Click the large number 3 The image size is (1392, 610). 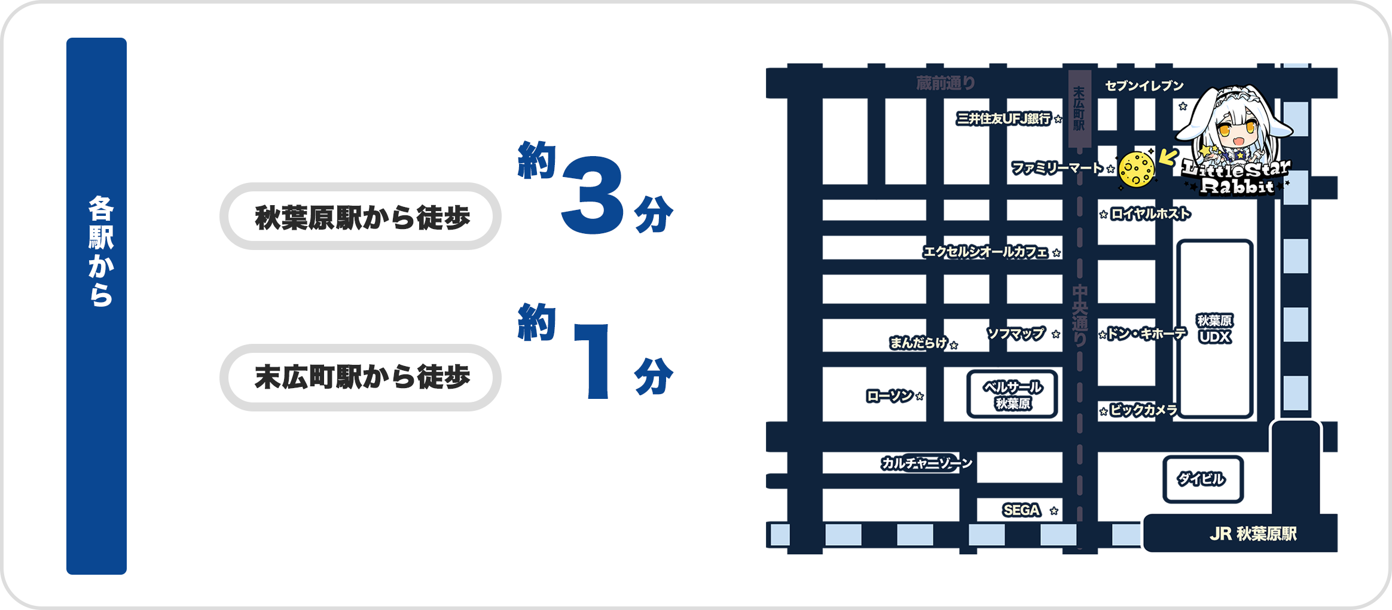593,195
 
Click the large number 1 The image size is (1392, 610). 593,361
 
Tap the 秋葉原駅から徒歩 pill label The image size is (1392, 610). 361,217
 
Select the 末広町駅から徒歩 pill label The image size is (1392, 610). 361,377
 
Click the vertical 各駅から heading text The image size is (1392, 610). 100,251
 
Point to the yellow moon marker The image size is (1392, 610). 1136,170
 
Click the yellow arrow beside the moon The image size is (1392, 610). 1168,157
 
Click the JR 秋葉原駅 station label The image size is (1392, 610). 1253,534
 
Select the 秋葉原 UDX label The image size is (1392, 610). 1214,330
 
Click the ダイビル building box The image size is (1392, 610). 1202,479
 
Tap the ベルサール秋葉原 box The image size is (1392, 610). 1012,395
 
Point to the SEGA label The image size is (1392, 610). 1021,510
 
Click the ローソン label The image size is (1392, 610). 890,396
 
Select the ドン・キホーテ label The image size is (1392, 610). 1146,333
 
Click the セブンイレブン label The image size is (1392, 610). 1144,86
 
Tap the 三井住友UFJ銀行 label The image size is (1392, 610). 1003,118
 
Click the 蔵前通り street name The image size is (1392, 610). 946,83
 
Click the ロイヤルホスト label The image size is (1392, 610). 1150,213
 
